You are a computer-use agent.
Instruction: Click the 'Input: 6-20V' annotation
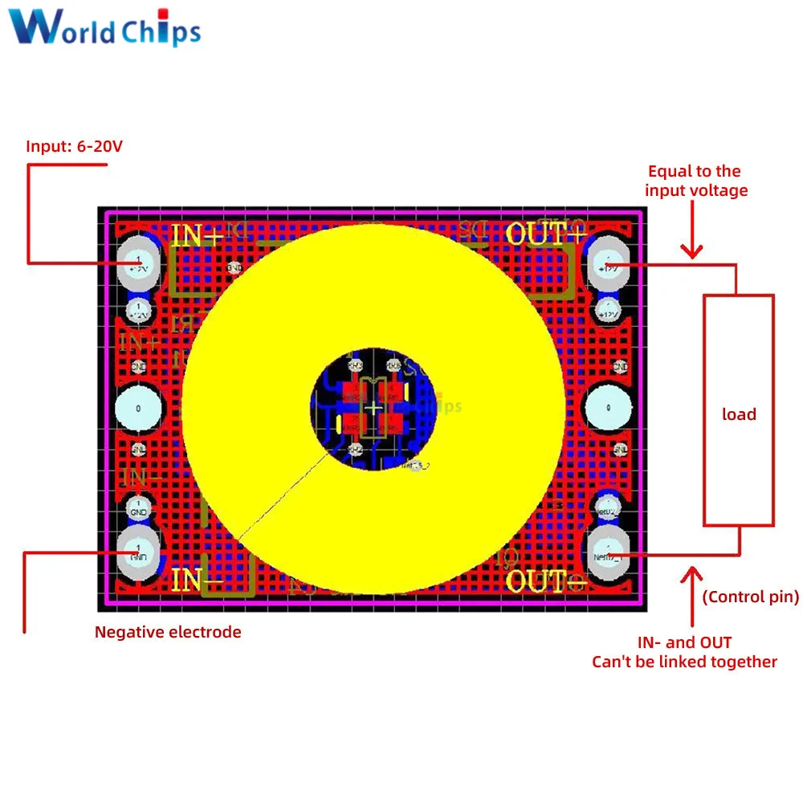click(x=75, y=146)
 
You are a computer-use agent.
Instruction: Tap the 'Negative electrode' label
click(x=168, y=632)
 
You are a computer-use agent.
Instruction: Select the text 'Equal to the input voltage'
click(x=695, y=181)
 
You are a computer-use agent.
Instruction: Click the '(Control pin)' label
click(x=751, y=597)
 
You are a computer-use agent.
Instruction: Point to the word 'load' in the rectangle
click(x=739, y=414)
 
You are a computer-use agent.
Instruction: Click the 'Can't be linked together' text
click(x=684, y=662)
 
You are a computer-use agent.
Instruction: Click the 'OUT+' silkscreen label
click(x=545, y=234)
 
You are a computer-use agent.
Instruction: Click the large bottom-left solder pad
click(x=138, y=553)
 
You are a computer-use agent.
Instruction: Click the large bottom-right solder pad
click(x=608, y=553)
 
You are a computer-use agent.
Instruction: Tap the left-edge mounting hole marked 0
click(x=138, y=409)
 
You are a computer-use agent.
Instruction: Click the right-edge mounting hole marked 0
click(x=607, y=409)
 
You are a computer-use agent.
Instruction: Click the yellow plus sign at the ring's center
click(x=373, y=409)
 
